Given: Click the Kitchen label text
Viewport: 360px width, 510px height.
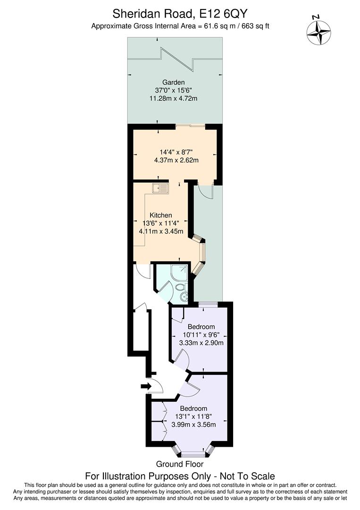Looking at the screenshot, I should click(x=160, y=215).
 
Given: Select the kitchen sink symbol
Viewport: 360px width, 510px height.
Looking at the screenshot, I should click(x=160, y=188).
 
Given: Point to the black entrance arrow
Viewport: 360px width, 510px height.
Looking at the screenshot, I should click(x=145, y=387).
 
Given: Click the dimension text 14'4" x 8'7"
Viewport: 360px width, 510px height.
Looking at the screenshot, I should click(x=176, y=152).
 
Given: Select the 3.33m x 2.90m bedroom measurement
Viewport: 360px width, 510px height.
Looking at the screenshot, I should click(x=201, y=343).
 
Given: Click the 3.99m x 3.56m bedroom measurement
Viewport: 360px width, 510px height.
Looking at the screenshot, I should click(x=193, y=425).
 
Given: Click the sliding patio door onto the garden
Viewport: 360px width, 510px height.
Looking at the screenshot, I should click(x=190, y=126).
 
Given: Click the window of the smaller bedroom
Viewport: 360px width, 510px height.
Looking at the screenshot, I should click(x=207, y=304).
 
